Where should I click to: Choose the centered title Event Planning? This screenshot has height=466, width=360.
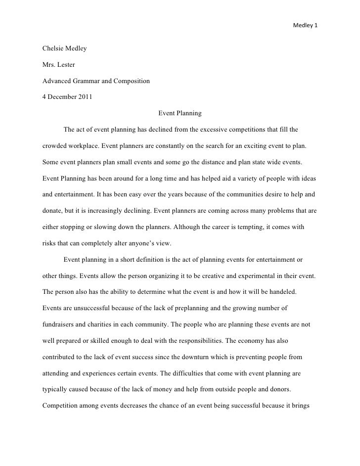(x=180, y=113)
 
